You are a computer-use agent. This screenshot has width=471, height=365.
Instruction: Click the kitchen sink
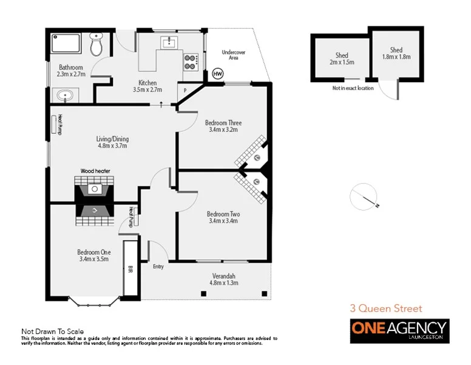click(x=168, y=43)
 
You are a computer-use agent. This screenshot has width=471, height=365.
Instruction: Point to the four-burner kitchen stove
click(x=191, y=60)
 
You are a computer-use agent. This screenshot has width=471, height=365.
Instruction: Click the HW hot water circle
click(x=217, y=74)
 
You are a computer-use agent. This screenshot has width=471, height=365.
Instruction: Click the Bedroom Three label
click(x=223, y=122)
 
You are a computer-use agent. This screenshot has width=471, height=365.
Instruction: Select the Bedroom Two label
click(x=222, y=214)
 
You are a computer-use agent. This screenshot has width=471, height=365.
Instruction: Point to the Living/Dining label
click(x=113, y=139)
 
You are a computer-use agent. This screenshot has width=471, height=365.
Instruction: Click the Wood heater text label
click(x=95, y=171)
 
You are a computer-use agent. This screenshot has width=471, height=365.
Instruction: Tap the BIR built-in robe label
click(x=130, y=269)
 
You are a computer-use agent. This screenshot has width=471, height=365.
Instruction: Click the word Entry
click(x=158, y=266)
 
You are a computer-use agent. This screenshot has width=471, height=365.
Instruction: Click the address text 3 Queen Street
click(x=385, y=308)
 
